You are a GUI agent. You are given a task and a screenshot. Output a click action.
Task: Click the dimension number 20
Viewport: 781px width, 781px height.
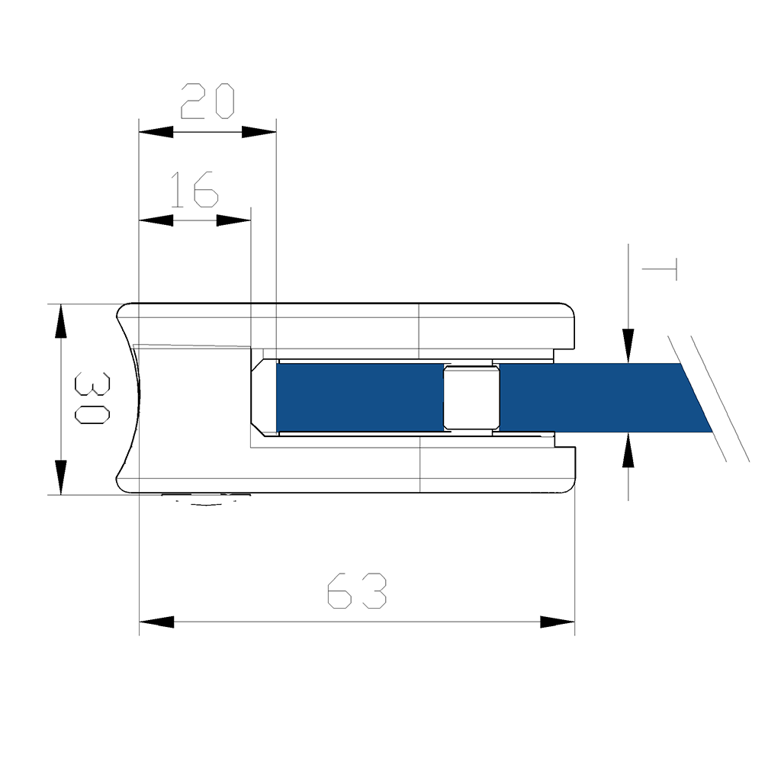pos(207,101)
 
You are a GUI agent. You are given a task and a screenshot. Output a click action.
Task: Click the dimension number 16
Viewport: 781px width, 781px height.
pos(194,190)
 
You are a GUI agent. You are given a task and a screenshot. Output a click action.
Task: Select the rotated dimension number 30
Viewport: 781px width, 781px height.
pos(92,398)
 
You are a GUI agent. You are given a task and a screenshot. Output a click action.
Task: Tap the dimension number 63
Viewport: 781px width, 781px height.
pos(357,590)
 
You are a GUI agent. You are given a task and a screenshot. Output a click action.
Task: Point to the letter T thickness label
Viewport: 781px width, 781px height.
pos(660,269)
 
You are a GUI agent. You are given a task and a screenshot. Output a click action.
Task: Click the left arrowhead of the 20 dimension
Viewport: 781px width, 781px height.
pos(156,132)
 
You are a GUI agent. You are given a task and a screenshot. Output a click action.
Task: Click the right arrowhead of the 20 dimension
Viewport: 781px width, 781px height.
pos(259,132)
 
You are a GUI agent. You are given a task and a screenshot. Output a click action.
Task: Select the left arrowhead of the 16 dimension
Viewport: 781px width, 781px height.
pos(156,220)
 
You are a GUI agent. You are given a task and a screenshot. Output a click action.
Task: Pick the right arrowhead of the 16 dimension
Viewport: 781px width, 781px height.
pos(233,220)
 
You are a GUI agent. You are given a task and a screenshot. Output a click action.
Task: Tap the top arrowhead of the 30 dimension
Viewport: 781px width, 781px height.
pos(60,321)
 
